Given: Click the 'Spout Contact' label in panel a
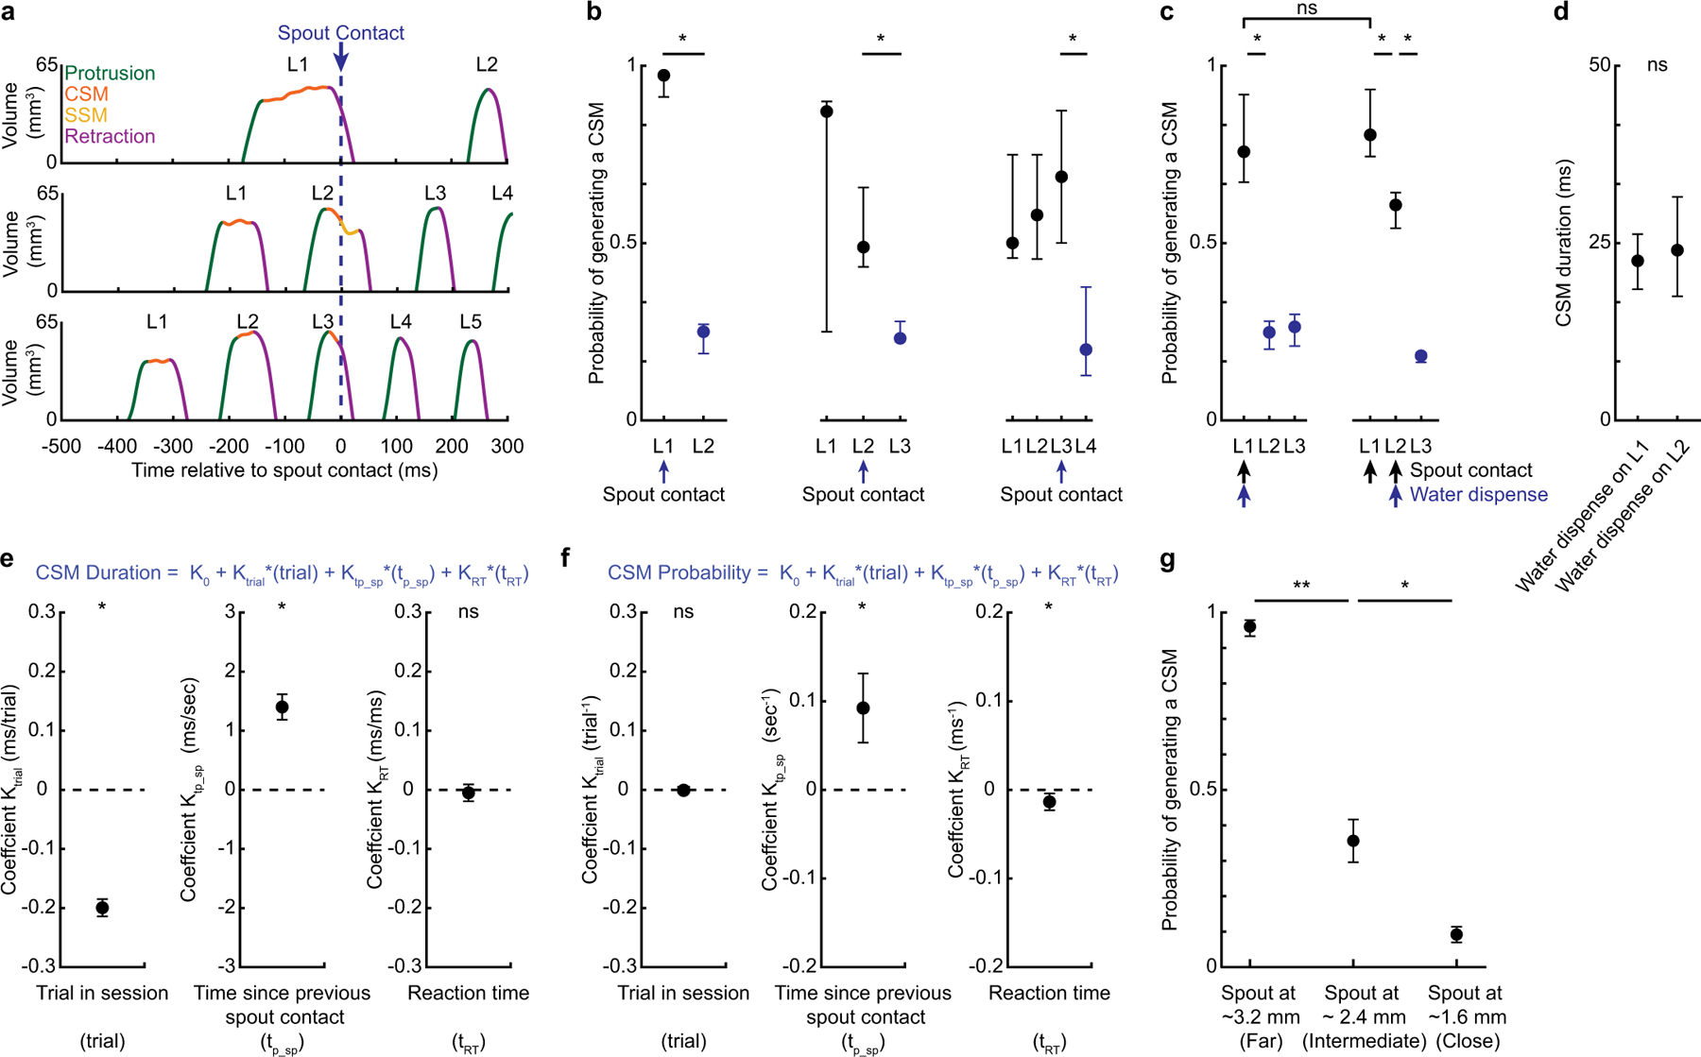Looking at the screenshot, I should tap(340, 33).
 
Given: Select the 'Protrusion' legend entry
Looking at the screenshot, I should tap(110, 74).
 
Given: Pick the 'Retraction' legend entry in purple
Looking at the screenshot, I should tap(110, 136).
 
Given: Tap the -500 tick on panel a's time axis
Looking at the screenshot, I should tap(60, 446).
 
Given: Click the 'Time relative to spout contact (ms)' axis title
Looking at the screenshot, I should tap(284, 470).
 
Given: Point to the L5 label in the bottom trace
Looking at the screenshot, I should tap(470, 322).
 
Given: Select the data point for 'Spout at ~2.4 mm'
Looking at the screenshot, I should tap(1353, 841).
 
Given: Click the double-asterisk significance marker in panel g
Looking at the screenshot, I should tap(1300, 587).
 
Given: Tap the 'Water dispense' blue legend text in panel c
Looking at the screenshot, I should tap(1478, 494).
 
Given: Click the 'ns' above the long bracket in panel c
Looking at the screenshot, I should tap(1306, 9).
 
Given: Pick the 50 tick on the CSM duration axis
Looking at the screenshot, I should tap(1599, 65).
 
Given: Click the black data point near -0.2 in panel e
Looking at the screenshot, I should tap(102, 908).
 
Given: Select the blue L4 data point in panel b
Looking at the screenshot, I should tap(1086, 349).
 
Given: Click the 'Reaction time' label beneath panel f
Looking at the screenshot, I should tap(1049, 993).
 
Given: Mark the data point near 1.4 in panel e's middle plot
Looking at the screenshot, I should tap(282, 707).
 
